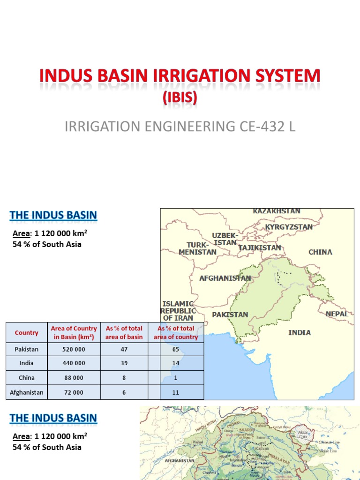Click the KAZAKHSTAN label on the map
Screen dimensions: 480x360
pyautogui.click(x=277, y=211)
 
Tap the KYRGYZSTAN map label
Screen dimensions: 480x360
pyautogui.click(x=289, y=227)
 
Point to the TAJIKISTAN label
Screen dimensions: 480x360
pyautogui.click(x=260, y=248)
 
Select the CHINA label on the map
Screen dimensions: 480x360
pyautogui.click(x=320, y=252)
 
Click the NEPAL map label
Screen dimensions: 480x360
pyautogui.click(x=337, y=314)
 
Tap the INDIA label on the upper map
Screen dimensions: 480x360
pyautogui.click(x=299, y=332)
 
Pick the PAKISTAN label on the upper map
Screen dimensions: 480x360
pyautogui.click(x=230, y=315)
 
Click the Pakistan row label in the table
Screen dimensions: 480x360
pyautogui.click(x=26, y=349)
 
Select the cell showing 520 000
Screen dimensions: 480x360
pyautogui.click(x=74, y=349)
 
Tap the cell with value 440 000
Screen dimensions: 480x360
pyautogui.click(x=74, y=363)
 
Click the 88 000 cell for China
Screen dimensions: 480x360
pyautogui.click(x=74, y=378)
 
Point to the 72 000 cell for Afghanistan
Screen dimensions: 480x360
pyautogui.click(x=74, y=392)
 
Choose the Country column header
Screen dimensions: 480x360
pyautogui.click(x=26, y=333)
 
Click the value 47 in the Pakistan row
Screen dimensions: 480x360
pyautogui.click(x=124, y=349)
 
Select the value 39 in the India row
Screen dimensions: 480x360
pyautogui.click(x=124, y=363)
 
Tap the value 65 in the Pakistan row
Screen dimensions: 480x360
pyautogui.click(x=176, y=349)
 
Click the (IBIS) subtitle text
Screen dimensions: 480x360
pyautogui.click(x=180, y=98)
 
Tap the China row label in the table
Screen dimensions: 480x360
pyautogui.click(x=26, y=378)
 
